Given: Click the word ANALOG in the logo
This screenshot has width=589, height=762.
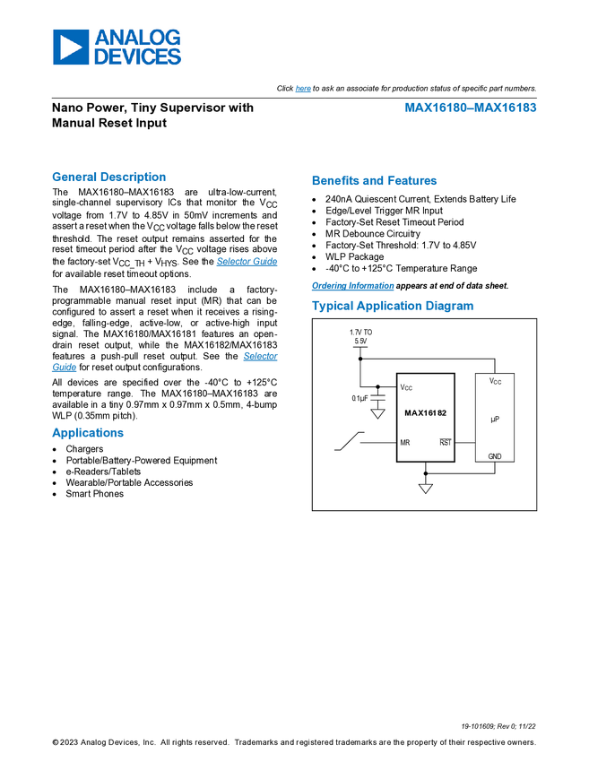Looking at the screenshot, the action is pyautogui.click(x=137, y=38).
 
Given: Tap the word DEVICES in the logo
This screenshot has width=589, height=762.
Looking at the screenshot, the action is pyautogui.click(x=137, y=56).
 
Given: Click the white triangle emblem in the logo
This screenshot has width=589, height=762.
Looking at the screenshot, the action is pyautogui.click(x=71, y=47).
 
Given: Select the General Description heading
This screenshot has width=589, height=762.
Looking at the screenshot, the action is pyautogui.click(x=108, y=178).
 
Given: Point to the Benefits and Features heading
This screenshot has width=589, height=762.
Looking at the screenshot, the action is pyautogui.click(x=375, y=181).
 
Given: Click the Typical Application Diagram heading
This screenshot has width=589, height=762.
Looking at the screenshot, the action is pyautogui.click(x=392, y=306).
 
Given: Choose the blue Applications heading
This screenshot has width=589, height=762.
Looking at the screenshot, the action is pyautogui.click(x=88, y=433).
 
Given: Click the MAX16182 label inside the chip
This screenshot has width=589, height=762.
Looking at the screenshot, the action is pyautogui.click(x=425, y=413).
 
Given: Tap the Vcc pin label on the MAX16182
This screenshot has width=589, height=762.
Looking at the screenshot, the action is pyautogui.click(x=406, y=388).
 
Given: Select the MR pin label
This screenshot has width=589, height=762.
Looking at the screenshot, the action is pyautogui.click(x=404, y=443).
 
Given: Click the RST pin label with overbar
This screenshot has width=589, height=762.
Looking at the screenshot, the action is pyautogui.click(x=445, y=443).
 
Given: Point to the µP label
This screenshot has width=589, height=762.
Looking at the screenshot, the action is pyautogui.click(x=495, y=419).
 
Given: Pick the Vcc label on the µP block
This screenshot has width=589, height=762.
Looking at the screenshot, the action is pyautogui.click(x=495, y=382).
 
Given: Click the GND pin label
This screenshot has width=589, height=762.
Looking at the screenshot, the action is pyautogui.click(x=495, y=456).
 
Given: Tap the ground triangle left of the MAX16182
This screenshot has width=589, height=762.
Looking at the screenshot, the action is pyautogui.click(x=377, y=414).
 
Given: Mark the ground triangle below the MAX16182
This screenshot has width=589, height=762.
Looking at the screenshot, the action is pyautogui.click(x=426, y=489).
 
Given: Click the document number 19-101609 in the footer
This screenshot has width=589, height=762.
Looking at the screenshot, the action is pyautogui.click(x=480, y=726).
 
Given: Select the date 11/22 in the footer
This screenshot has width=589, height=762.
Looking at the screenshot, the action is pyautogui.click(x=527, y=726).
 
